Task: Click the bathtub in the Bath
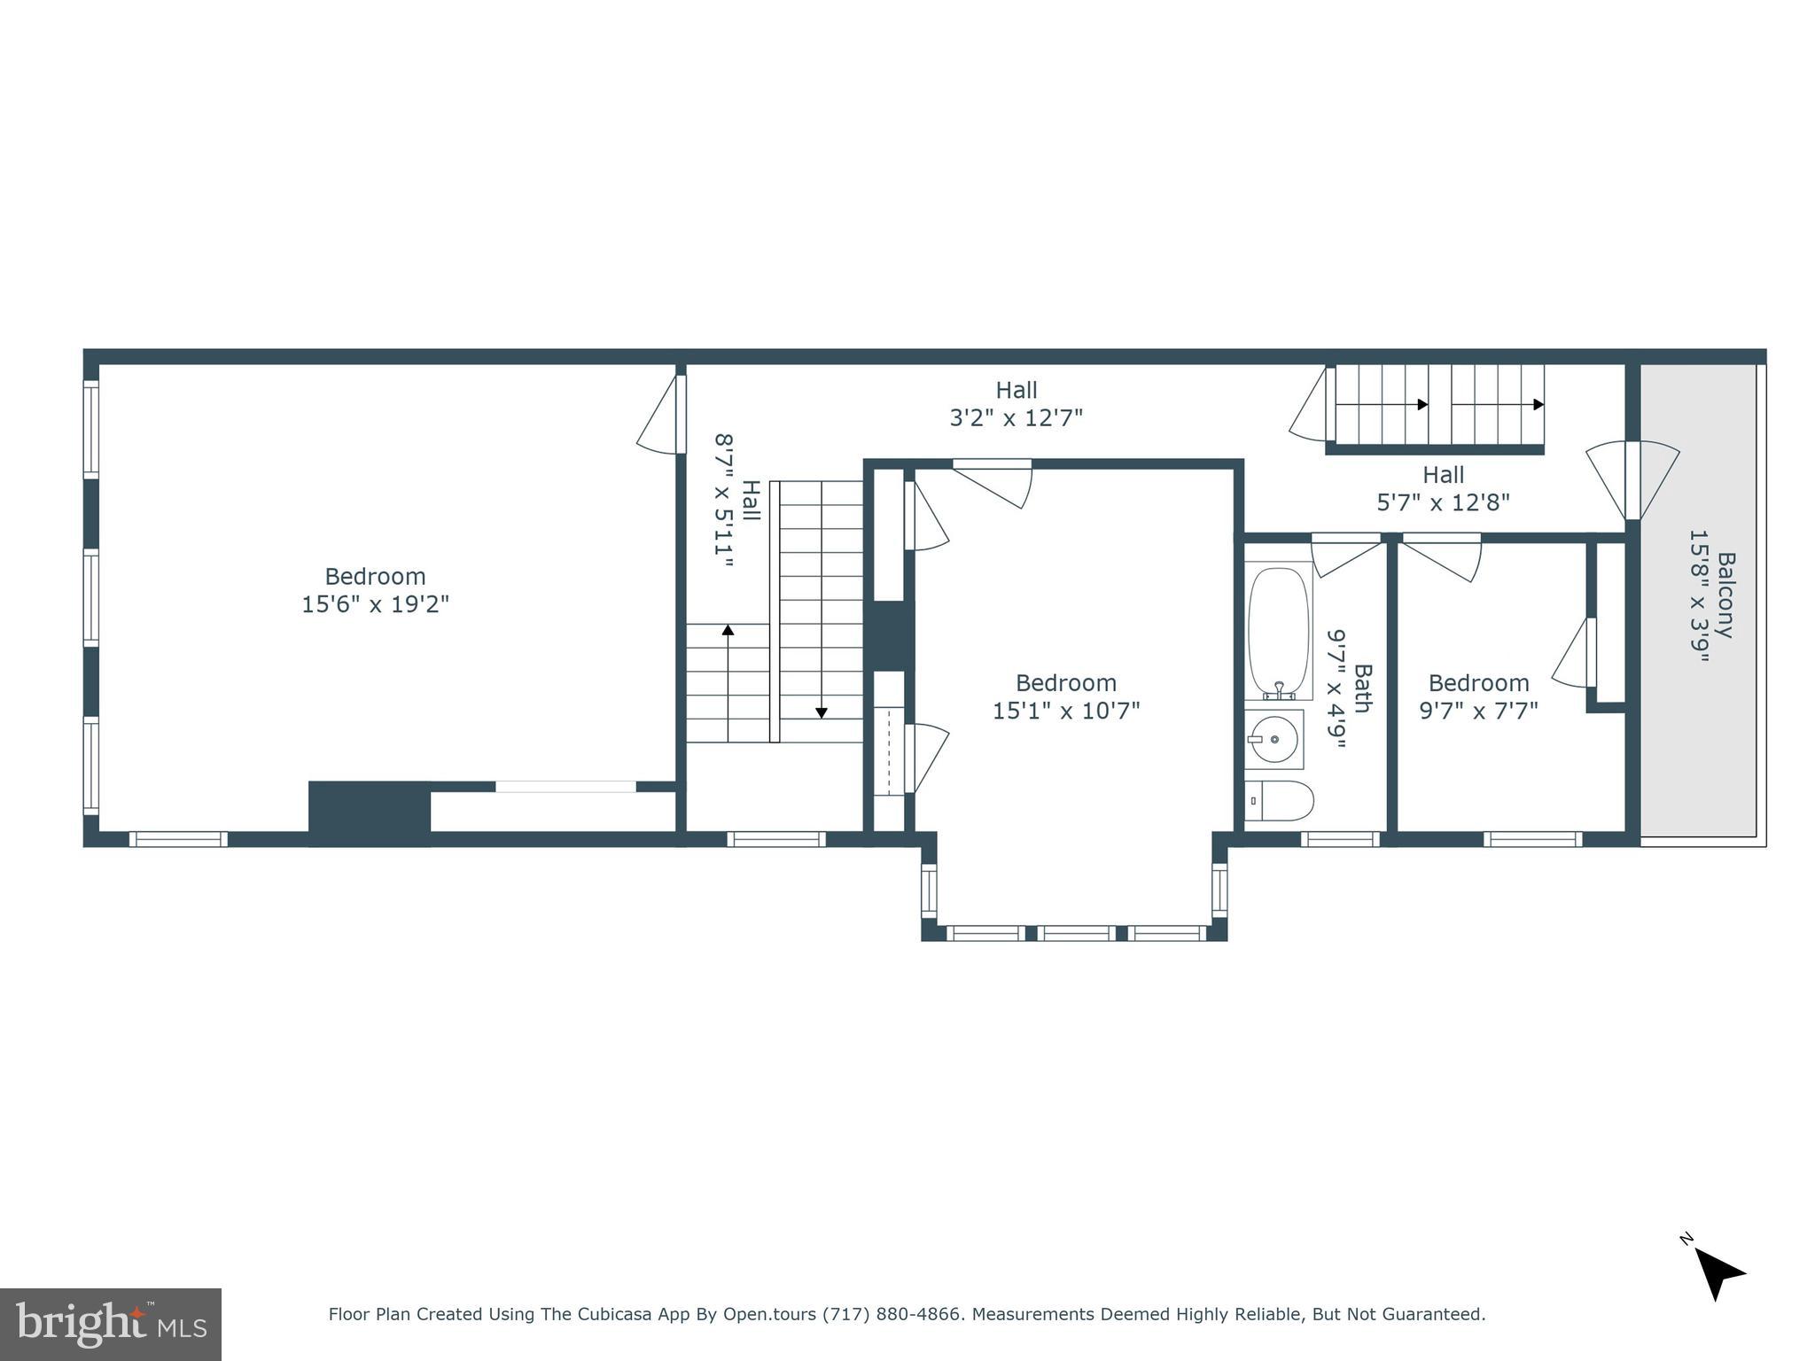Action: [x=1278, y=633]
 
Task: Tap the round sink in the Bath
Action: [x=1274, y=738]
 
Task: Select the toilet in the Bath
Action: [x=1280, y=801]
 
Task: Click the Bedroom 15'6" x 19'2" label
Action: [x=375, y=590]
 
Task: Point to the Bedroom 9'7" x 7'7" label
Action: [x=1478, y=696]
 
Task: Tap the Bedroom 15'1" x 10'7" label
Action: [x=1065, y=696]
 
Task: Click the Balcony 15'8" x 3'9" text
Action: [x=1711, y=595]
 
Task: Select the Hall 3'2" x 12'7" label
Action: [x=1016, y=403]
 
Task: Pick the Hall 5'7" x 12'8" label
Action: [x=1443, y=488]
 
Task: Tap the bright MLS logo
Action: [x=111, y=1325]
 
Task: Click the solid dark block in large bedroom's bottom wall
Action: [x=370, y=813]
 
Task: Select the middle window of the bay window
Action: [x=1076, y=933]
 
